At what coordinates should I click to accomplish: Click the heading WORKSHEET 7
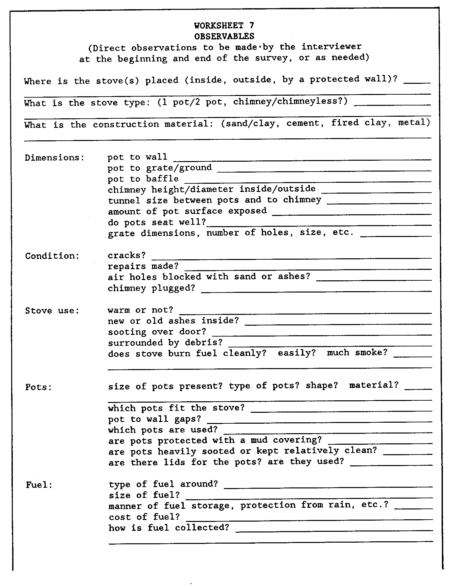click(224, 25)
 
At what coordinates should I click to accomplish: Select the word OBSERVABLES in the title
click(224, 36)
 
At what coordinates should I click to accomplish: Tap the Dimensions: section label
click(55, 158)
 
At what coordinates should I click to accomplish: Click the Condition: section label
click(52, 256)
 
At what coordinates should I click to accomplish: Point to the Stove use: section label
click(52, 311)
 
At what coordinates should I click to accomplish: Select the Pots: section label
click(39, 387)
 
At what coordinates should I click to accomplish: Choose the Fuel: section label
click(39, 485)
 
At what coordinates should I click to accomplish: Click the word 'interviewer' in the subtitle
click(332, 47)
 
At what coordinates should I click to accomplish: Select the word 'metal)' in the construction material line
click(414, 123)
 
